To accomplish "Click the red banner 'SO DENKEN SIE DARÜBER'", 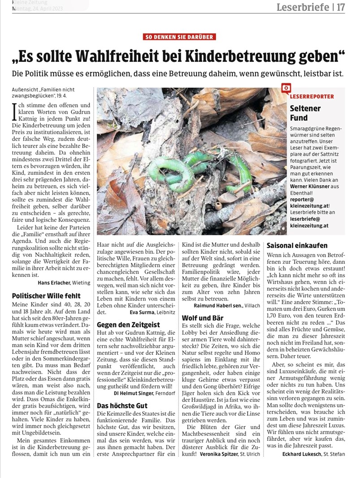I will (x=179, y=37).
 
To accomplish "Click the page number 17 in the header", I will (x=341, y=7).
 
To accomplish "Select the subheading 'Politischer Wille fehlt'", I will (x=46, y=296).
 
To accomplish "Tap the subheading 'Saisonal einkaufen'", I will (x=297, y=245).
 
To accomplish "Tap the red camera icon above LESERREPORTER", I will (x=285, y=88).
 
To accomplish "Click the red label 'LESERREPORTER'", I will (x=312, y=96).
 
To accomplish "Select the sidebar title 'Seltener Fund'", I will (x=305, y=113).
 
